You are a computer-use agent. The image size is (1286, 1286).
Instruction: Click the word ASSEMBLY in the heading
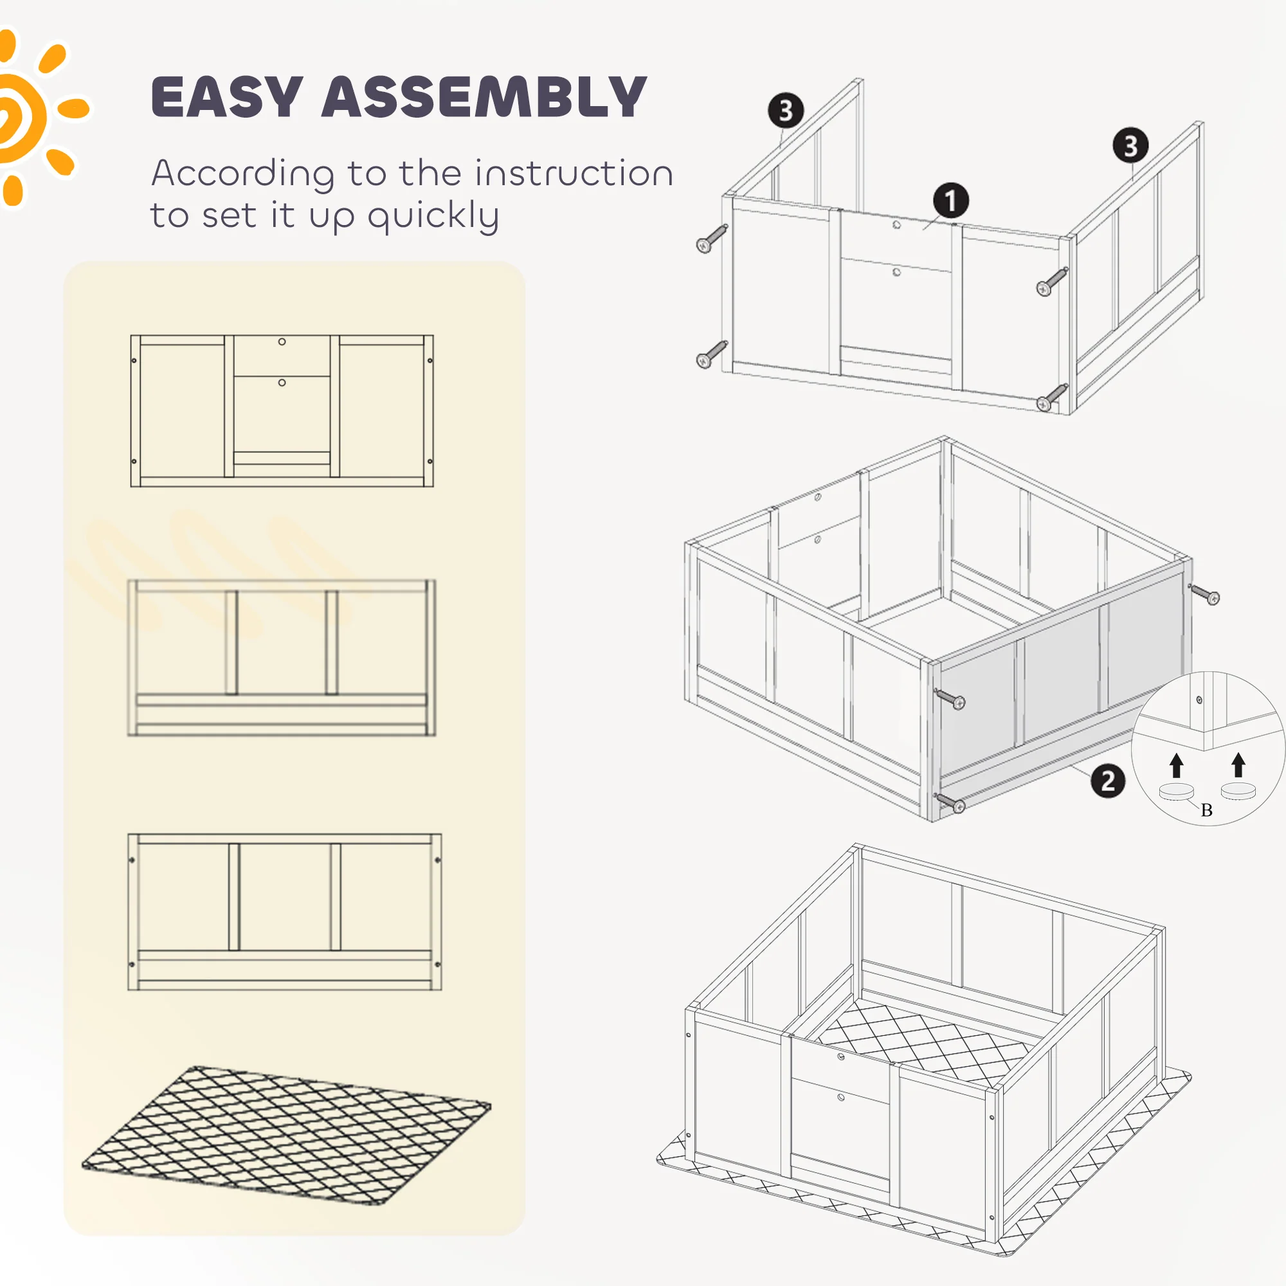[485, 97]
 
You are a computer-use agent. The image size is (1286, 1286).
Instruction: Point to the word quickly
[433, 215]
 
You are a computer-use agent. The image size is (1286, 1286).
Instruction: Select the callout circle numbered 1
[950, 201]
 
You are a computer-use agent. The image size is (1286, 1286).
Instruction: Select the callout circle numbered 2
[1108, 780]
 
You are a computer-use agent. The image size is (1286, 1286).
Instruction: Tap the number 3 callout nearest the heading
[786, 111]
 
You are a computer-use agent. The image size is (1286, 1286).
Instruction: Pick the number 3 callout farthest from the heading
[1130, 145]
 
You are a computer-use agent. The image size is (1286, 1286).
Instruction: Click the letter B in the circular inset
[1207, 810]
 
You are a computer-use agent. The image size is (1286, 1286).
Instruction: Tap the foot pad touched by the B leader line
[1176, 792]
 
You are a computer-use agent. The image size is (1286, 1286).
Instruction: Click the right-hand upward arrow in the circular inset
[1238, 764]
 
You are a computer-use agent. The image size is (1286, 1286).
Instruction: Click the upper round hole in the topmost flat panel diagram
[282, 341]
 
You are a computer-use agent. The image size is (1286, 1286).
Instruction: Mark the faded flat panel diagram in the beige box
[282, 658]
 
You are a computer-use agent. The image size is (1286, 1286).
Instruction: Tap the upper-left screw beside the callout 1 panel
[712, 239]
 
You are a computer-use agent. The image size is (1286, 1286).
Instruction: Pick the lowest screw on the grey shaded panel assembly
[950, 802]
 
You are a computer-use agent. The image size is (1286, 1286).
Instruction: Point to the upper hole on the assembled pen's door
[841, 1056]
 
